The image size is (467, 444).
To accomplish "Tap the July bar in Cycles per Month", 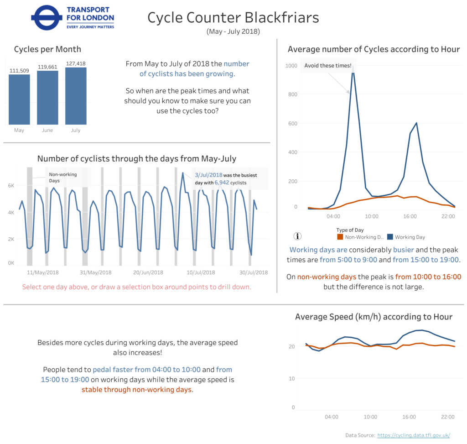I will [76, 96].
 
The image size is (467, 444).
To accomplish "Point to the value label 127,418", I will [76, 63].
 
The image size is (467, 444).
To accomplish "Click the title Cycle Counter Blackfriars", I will [233, 18].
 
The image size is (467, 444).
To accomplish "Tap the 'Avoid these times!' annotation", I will [328, 66].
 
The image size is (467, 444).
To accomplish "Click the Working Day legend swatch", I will [390, 237].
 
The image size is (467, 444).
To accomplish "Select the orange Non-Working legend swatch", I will [340, 237].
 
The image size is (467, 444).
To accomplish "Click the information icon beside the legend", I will [298, 236].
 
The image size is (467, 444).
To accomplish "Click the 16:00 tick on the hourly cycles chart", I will [410, 216].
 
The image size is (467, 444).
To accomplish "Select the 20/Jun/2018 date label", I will [148, 272].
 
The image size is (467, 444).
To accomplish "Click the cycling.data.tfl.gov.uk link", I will [414, 435].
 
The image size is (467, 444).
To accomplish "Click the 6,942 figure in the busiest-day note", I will [221, 183].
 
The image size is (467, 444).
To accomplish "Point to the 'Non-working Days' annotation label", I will [63, 178].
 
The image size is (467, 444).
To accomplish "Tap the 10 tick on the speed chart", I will [292, 379].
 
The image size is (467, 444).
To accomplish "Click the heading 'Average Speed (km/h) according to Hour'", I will [374, 317].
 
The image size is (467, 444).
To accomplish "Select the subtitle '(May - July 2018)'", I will [233, 31].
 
